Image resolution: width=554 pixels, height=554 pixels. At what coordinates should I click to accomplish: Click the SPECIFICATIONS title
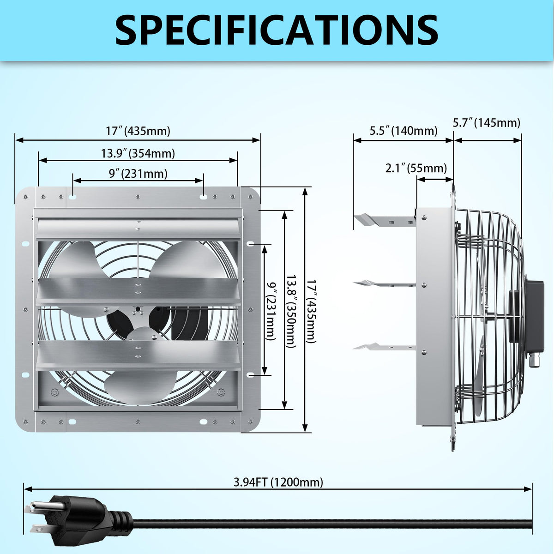point(277,30)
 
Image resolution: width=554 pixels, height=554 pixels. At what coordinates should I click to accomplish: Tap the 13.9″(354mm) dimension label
point(138,153)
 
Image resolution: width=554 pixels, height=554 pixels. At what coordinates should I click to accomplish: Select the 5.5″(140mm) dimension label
point(403,131)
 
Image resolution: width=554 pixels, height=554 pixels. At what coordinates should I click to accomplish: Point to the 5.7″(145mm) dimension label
point(486,123)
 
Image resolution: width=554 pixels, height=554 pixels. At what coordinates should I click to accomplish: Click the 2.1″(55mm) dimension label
point(416,168)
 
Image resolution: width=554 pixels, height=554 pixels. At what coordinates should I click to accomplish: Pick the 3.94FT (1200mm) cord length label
point(278,482)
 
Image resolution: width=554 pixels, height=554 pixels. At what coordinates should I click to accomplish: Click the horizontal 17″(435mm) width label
point(138,131)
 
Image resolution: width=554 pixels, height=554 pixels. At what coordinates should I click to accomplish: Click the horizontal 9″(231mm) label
point(138,174)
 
